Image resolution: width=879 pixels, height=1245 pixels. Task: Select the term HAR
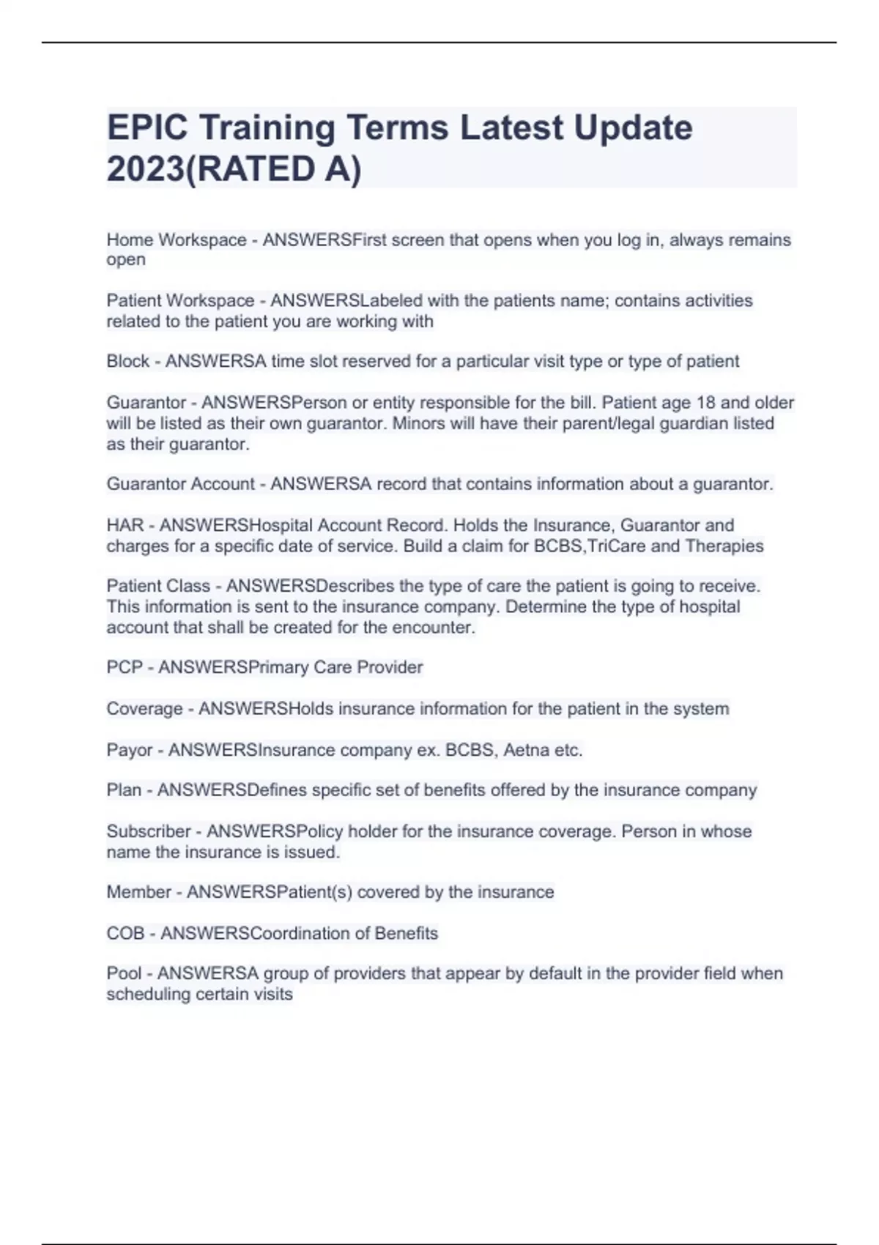pos(125,526)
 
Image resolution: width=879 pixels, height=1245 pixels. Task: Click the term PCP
pos(125,668)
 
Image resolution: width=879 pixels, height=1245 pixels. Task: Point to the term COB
pos(125,934)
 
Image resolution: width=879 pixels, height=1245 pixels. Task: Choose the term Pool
pos(124,974)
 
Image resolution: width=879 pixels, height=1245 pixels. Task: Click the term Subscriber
pos(149,832)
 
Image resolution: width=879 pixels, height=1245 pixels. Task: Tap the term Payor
pos(129,751)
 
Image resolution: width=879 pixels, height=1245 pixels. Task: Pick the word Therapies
pos(724,546)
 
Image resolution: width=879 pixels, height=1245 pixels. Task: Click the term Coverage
pos(144,709)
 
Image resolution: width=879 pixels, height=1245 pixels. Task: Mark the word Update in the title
pos(632,128)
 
